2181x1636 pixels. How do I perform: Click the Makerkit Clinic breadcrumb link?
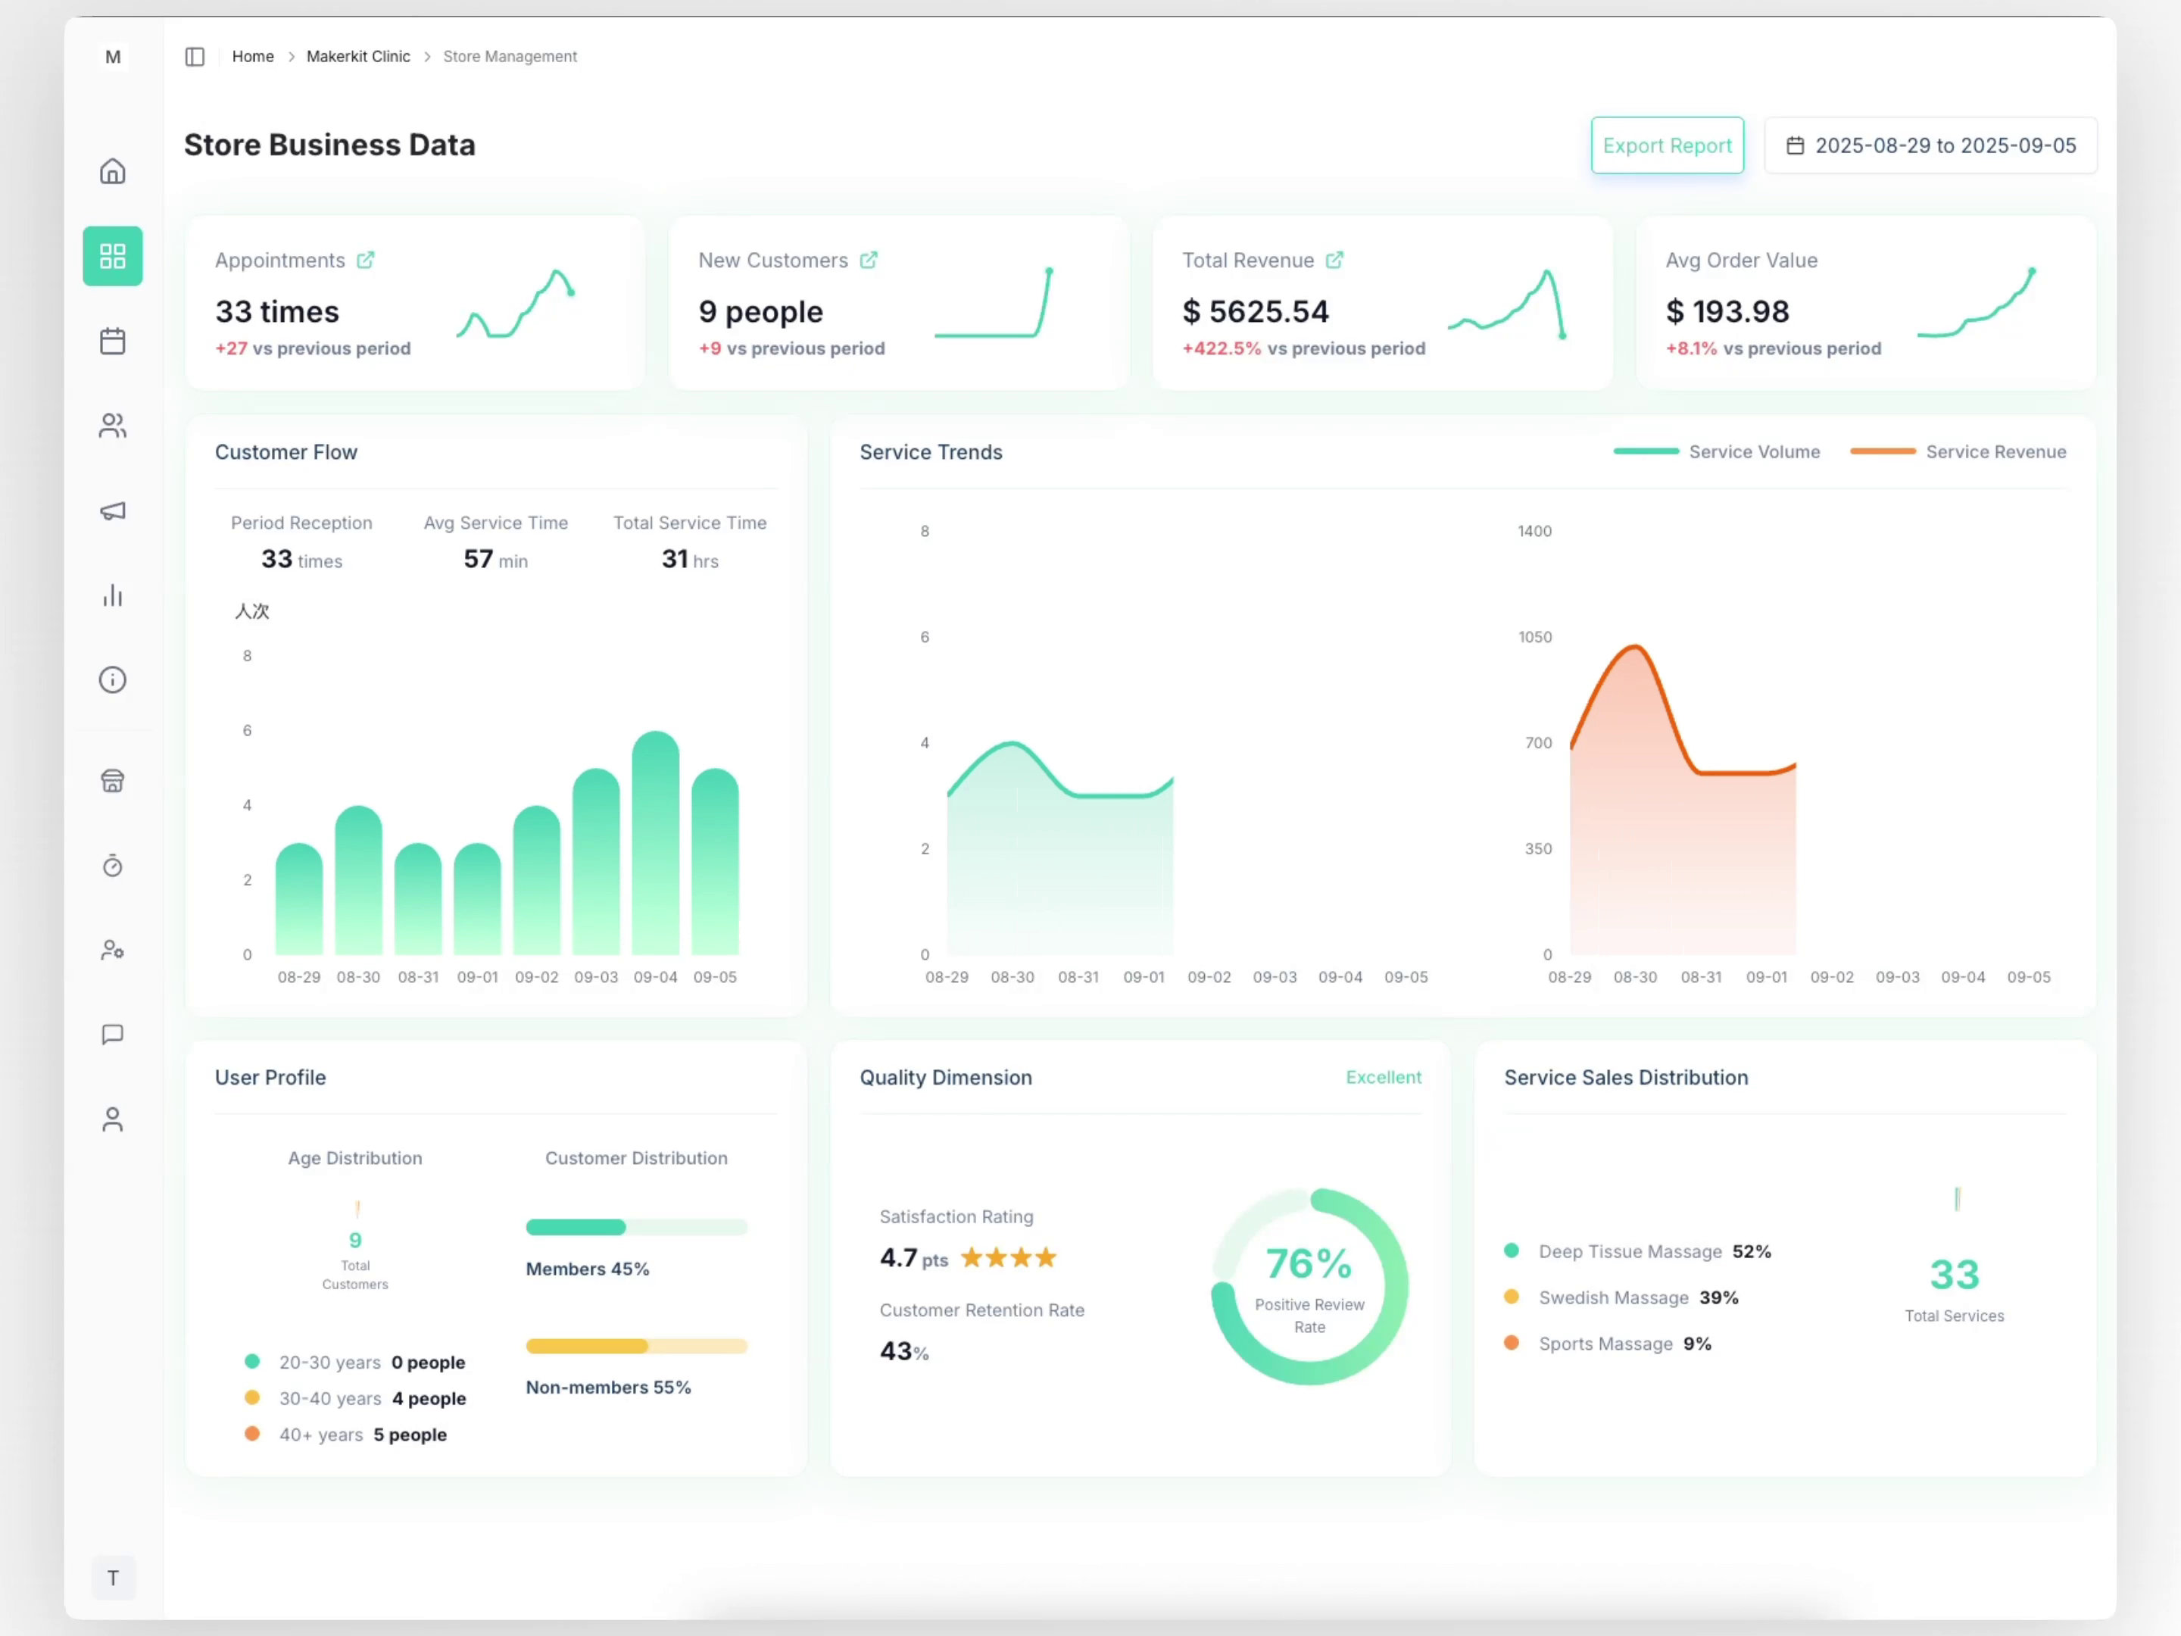point(358,56)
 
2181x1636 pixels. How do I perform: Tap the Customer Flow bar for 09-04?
point(656,848)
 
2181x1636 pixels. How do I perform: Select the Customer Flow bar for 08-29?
point(299,902)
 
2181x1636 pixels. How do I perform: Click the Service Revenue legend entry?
point(1995,451)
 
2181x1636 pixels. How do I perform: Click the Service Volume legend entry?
point(1753,451)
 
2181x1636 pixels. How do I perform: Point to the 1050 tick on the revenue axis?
point(1534,637)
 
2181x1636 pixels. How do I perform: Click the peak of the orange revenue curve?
point(1635,647)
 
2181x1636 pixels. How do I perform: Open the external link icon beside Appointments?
point(366,261)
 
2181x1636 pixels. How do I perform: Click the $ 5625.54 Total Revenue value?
point(1255,311)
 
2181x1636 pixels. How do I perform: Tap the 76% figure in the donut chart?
point(1309,1264)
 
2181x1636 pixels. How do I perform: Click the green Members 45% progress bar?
point(576,1228)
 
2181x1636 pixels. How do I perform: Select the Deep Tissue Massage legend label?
point(1630,1251)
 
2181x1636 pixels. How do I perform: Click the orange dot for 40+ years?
point(252,1434)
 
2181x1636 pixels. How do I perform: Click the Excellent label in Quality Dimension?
point(1384,1078)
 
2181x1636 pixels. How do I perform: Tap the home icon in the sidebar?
point(112,172)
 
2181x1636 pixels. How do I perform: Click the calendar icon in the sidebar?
point(112,341)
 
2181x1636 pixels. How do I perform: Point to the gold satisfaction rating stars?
point(1008,1258)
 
